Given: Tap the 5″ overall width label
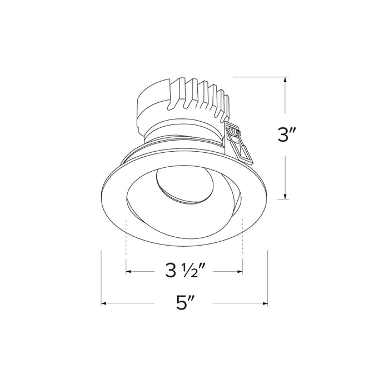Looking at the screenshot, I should click(184, 303).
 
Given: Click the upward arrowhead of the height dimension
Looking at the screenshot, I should click(286, 81).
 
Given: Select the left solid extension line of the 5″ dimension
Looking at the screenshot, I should click(101, 278).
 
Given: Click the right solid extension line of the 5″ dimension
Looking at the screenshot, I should click(268, 278).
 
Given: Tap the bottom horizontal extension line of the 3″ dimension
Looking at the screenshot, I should click(278, 199).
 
